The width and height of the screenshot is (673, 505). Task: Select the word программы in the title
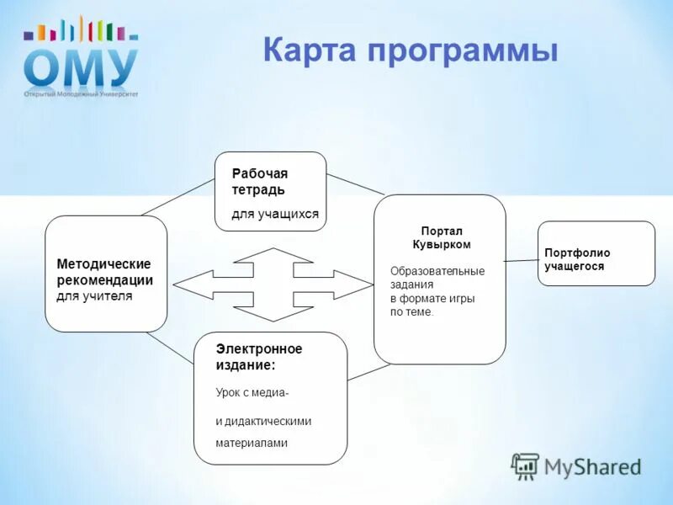461,50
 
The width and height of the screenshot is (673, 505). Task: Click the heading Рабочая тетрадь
260,182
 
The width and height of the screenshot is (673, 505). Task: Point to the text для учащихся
275,214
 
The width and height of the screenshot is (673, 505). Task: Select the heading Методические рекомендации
104,272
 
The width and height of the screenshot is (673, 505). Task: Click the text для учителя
94,296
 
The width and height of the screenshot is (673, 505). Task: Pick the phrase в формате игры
432,298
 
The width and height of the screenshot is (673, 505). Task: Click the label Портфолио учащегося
577,259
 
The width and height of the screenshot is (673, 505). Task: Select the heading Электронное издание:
258,357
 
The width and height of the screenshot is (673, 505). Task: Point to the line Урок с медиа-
252,393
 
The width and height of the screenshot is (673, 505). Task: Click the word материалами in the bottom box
252,443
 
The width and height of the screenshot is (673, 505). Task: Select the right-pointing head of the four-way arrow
353,284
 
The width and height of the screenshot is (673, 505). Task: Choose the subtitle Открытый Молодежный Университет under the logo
81,94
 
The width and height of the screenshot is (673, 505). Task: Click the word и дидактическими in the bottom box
263,421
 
